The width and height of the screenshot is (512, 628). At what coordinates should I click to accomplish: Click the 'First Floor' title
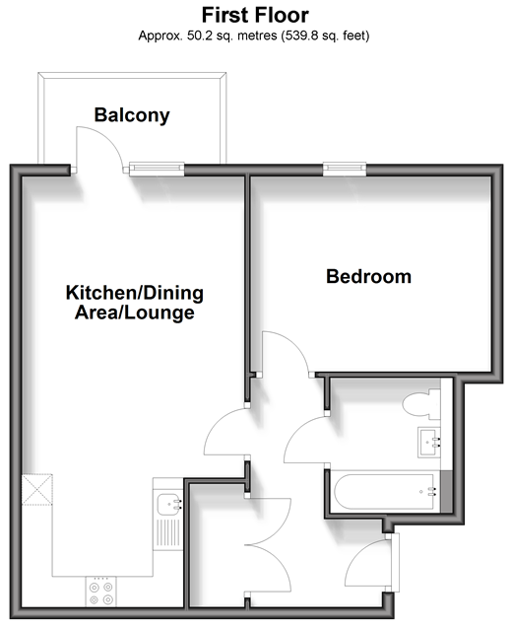[255, 15]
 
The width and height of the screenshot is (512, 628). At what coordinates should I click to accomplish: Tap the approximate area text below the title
[254, 35]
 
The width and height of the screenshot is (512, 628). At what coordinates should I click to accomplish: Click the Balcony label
[132, 115]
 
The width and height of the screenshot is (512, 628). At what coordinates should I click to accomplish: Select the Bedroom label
[368, 277]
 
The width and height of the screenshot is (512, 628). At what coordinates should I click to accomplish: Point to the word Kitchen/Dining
[135, 293]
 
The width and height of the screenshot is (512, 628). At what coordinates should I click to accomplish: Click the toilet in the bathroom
[421, 404]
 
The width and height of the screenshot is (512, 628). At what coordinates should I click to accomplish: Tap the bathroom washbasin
[429, 442]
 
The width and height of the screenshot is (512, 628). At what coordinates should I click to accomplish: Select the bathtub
[385, 492]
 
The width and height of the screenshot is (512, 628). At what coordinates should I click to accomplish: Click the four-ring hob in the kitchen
[100, 592]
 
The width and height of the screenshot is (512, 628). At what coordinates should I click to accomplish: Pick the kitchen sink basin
[168, 505]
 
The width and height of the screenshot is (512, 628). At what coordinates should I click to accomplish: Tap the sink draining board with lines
[168, 532]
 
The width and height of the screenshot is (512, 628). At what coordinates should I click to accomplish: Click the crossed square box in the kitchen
[37, 489]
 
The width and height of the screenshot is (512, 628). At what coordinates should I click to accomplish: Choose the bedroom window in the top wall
[345, 169]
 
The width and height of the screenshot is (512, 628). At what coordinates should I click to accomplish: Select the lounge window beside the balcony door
[157, 169]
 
